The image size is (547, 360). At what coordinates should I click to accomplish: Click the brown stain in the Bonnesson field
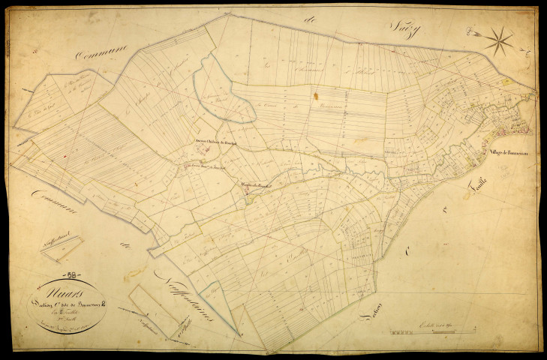point(317,96)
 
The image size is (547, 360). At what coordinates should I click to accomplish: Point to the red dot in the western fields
point(66,157)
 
